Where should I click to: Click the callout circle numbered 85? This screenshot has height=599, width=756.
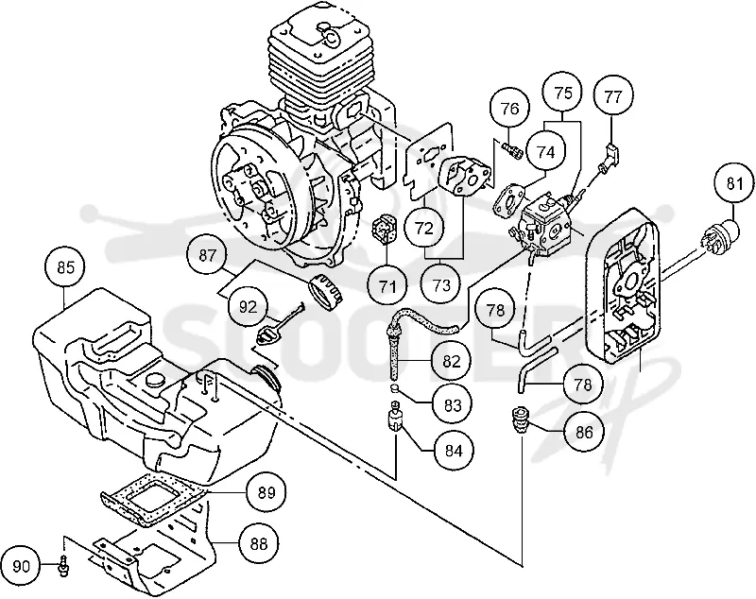tap(65, 267)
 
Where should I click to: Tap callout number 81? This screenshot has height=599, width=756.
tap(734, 184)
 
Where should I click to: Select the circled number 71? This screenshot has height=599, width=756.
tap(387, 287)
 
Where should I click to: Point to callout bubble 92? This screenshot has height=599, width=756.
tap(249, 307)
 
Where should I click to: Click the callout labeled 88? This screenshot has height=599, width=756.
tap(259, 544)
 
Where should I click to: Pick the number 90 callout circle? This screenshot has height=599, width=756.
tap(21, 567)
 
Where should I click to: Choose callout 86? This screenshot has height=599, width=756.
tap(584, 433)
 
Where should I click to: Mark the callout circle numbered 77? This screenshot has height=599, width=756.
tap(612, 96)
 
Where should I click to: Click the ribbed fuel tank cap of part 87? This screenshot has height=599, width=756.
tap(324, 290)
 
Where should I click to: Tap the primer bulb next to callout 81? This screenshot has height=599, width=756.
tap(723, 235)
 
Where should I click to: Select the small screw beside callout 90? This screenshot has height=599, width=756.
tap(62, 565)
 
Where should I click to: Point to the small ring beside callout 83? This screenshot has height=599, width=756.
tap(394, 388)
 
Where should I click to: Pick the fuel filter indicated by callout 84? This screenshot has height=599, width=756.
tap(395, 416)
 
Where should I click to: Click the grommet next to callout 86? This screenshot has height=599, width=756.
tap(520, 420)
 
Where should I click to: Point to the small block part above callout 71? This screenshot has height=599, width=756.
tap(385, 225)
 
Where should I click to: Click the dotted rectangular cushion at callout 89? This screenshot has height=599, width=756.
tap(151, 498)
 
